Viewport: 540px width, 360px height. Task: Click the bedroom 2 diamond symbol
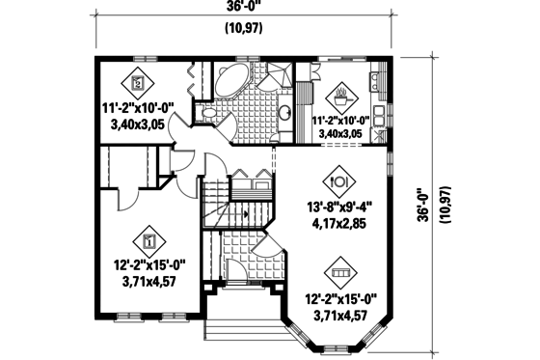coord(138,81)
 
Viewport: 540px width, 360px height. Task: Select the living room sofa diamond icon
coord(338,268)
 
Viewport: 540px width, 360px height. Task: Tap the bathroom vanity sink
coord(287,114)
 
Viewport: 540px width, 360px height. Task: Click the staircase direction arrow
coord(245,210)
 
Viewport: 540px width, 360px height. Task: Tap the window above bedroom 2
coord(144,57)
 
